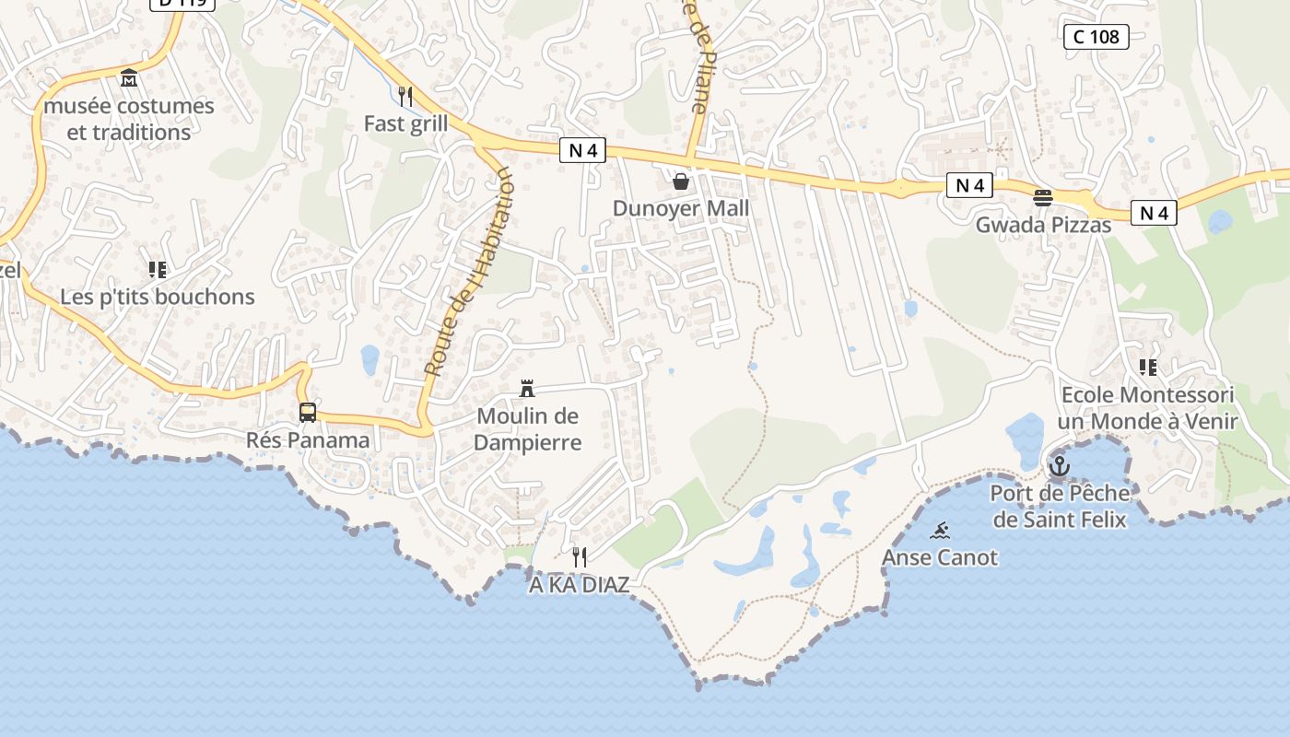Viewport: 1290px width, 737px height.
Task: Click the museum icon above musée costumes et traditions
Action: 129,77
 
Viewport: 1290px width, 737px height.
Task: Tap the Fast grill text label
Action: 405,123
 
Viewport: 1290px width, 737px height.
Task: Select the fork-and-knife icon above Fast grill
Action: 405,95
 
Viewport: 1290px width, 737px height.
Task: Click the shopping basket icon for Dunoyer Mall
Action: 681,181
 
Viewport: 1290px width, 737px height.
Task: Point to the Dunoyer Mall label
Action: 681,209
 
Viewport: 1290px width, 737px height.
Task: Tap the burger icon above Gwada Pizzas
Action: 1043,197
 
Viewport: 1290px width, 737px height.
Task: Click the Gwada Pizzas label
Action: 1043,225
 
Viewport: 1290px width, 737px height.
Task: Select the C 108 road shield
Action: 1096,37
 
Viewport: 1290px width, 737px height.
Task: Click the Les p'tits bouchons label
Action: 158,297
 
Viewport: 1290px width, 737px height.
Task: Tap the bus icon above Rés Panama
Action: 308,413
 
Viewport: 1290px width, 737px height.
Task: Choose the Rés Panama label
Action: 308,440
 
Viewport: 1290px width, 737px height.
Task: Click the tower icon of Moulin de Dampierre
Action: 527,389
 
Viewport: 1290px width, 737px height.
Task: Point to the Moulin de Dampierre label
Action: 528,429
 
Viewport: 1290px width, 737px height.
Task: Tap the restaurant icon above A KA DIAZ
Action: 580,556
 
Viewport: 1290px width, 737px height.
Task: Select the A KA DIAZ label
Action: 580,585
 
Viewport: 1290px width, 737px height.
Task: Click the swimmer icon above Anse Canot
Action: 940,530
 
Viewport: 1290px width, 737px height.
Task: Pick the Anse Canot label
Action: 940,557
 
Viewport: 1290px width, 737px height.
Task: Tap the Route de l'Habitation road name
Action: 468,272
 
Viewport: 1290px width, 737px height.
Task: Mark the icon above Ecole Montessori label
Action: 1147,368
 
